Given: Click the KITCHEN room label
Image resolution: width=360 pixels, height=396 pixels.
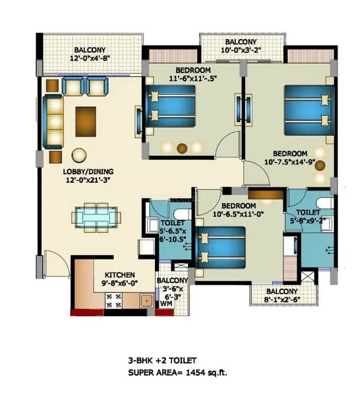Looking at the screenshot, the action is (x=119, y=275).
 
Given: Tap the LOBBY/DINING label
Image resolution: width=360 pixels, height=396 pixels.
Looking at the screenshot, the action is (x=88, y=172).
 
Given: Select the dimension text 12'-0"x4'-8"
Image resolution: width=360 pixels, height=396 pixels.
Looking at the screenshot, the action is (x=90, y=58).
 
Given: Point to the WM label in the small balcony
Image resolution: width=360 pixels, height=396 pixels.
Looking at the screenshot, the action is (x=166, y=304).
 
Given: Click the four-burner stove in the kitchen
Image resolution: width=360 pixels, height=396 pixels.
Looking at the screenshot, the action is (x=113, y=300).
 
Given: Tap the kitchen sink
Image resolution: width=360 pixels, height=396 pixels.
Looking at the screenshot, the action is (x=146, y=300).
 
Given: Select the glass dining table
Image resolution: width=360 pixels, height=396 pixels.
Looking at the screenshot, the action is (x=96, y=217).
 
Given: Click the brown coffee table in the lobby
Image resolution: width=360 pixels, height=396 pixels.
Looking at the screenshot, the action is (x=86, y=121).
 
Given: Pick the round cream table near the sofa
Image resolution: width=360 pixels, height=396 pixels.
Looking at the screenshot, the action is (x=79, y=155).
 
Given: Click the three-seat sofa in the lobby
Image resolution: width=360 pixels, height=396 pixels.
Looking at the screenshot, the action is (x=53, y=121).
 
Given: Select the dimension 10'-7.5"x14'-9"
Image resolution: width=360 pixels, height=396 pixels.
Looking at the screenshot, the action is (x=289, y=162).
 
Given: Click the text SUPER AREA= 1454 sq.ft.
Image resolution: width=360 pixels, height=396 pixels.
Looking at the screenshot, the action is (x=177, y=372).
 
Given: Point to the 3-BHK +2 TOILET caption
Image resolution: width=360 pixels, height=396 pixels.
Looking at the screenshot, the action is (x=162, y=360).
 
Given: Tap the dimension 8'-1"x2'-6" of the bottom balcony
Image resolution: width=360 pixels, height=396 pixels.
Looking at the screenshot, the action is (x=282, y=300).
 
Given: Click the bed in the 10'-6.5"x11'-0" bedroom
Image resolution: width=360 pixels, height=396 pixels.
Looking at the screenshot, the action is (x=220, y=247).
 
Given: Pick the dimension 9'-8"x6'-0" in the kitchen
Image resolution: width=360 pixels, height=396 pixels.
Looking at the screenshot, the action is (x=119, y=283).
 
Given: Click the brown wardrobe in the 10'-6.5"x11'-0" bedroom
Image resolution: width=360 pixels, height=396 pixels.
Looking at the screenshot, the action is (x=266, y=195).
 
